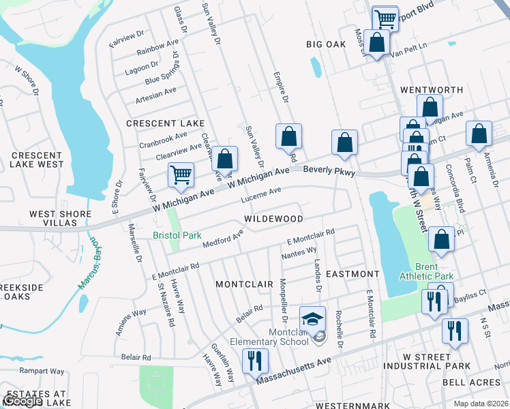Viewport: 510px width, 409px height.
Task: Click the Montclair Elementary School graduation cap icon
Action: point(312,318)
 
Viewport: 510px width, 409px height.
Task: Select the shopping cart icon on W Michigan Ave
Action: point(181,175)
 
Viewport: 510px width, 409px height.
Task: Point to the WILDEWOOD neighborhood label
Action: point(275,219)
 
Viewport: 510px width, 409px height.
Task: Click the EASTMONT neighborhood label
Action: point(352,273)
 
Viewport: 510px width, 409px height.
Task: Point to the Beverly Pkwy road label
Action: point(329,171)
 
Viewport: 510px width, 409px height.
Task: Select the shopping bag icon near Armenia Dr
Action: point(479,135)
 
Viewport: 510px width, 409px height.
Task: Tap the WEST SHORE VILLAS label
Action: point(60,219)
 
